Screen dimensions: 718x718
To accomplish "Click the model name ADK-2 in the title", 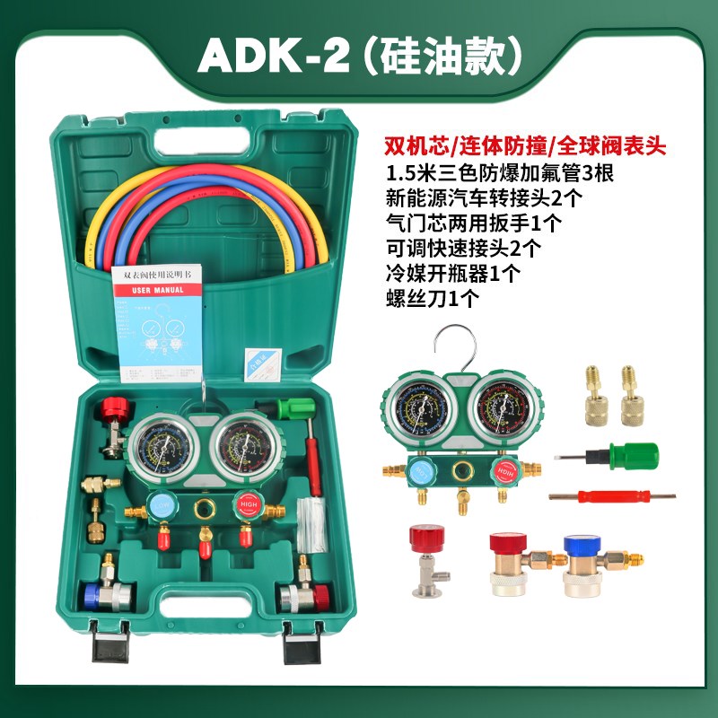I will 260,56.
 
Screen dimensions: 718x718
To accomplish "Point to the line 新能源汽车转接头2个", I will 475,197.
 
